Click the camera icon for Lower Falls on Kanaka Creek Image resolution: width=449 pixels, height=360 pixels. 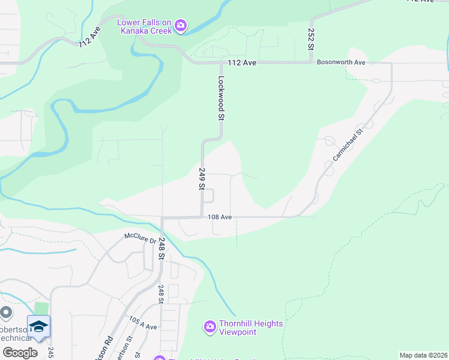pos(181,26)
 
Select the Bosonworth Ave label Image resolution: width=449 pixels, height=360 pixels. pos(341,62)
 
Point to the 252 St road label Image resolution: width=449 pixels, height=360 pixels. pos(312,40)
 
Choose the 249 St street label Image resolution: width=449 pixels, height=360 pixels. pos(202,179)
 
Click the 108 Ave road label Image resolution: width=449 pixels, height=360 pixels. pos(220,217)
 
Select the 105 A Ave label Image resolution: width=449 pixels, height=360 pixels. pos(143,323)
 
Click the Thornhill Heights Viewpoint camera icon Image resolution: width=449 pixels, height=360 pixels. pos(209,327)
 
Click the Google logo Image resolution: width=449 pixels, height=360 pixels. pos(20,353)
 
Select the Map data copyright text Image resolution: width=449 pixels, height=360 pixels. pos(423,355)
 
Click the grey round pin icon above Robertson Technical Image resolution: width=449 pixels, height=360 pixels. pos(6,313)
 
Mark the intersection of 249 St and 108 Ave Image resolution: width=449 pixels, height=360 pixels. pos(202,217)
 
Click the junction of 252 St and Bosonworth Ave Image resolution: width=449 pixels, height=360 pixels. pos(311,61)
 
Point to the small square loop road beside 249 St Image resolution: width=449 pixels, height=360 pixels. pos(210,196)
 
